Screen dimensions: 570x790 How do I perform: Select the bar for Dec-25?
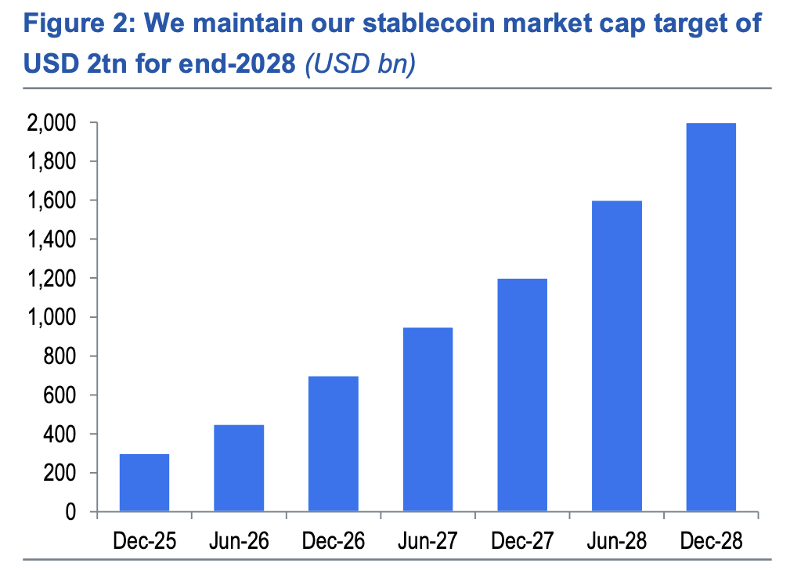(x=144, y=483)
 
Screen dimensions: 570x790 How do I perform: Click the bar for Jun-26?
(x=239, y=468)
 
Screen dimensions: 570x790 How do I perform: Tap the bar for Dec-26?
(x=333, y=444)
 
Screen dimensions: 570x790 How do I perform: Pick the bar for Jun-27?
(x=427, y=420)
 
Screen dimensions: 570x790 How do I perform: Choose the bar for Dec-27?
(x=522, y=395)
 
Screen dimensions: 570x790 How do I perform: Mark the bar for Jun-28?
(x=616, y=356)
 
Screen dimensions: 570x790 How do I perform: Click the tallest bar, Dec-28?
(x=711, y=317)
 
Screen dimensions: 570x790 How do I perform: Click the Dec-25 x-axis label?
(x=144, y=540)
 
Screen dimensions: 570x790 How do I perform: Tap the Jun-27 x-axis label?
(x=427, y=540)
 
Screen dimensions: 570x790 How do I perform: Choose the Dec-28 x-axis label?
(x=711, y=540)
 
